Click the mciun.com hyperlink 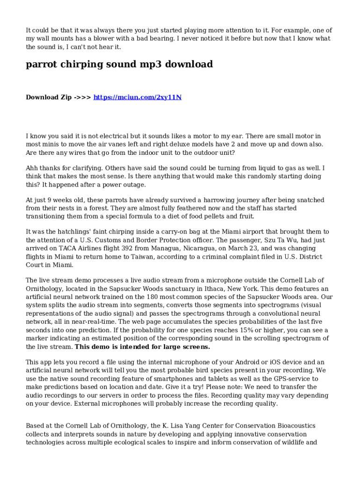[x=137, y=97]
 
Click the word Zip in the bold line [x=63, y=97]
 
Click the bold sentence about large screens [x=142, y=347]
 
